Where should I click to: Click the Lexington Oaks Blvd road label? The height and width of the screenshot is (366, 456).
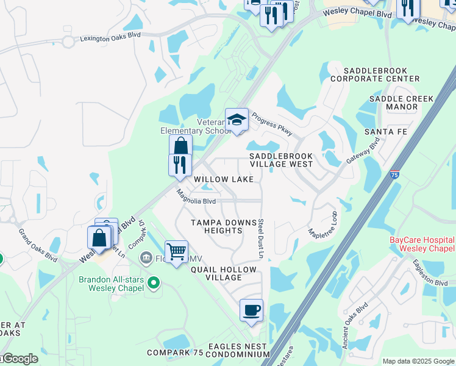[x=110, y=38]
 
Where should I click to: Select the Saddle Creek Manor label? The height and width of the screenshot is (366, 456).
[x=402, y=102]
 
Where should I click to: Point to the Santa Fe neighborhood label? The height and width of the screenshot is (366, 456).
[x=385, y=132]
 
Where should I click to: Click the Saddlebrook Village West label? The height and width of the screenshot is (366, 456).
[x=281, y=160]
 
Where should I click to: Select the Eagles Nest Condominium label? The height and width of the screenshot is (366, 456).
[x=238, y=350]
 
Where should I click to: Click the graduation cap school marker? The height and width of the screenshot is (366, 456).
[x=237, y=120]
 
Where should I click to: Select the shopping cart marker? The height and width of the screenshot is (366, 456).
[x=176, y=251]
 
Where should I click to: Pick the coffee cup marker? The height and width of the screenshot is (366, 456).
[x=251, y=310]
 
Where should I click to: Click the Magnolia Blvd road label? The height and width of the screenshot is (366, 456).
[x=196, y=198]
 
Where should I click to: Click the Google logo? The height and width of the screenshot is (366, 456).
[x=20, y=359]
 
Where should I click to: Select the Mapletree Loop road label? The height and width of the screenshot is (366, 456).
[x=324, y=225]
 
